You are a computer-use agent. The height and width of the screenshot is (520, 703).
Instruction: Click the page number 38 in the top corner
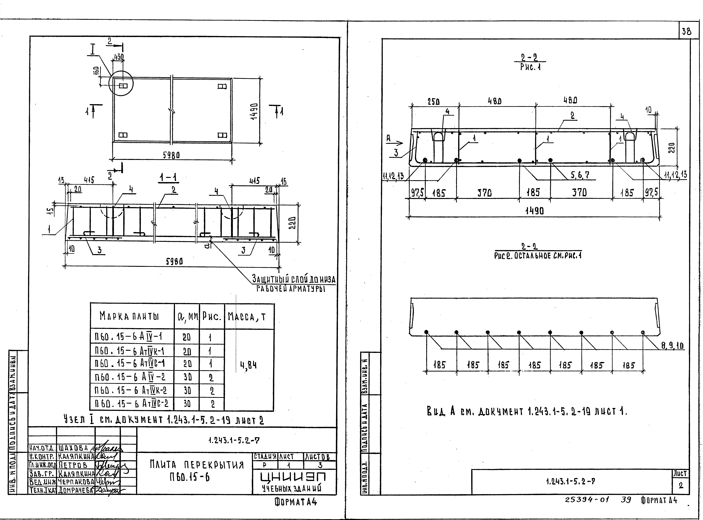[x=686, y=31]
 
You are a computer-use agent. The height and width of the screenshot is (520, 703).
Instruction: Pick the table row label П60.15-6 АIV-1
[x=128, y=337]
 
